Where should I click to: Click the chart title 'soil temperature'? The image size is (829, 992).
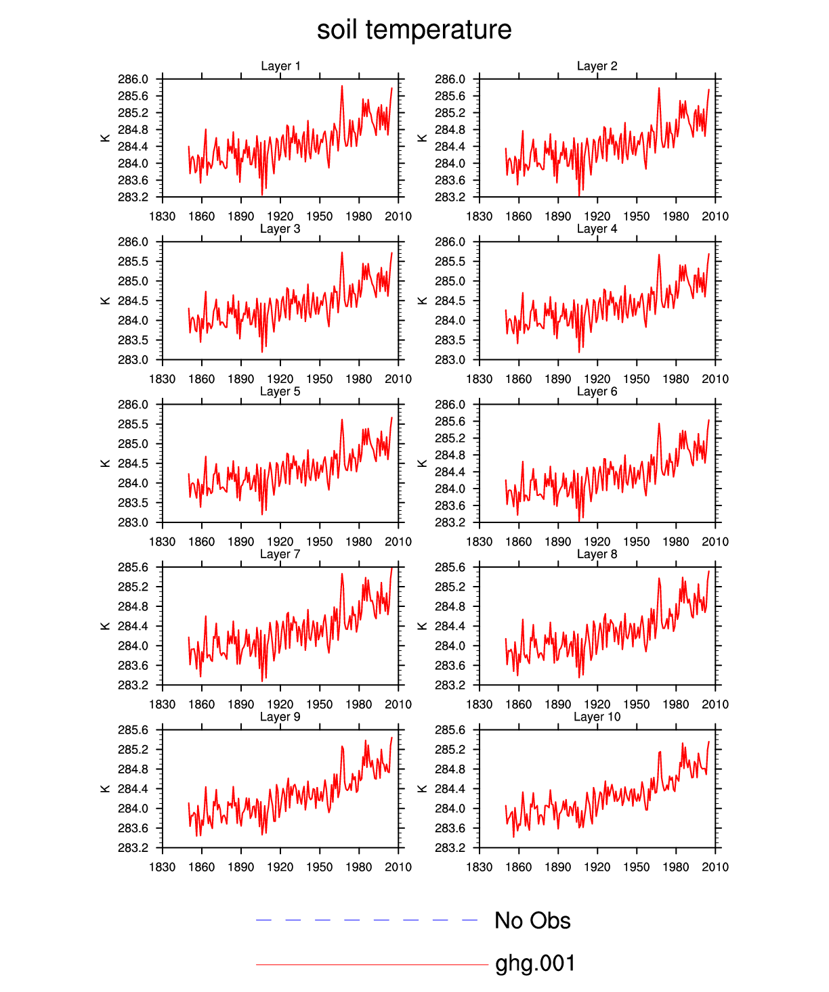[414, 30]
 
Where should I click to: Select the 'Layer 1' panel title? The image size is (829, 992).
[280, 66]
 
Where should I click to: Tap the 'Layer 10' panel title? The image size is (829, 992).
[597, 717]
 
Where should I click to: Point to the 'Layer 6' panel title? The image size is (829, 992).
[597, 391]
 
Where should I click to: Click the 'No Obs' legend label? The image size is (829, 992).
[532, 920]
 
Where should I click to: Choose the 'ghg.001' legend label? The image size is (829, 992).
[535, 963]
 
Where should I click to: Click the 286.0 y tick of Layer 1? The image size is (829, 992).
[133, 79]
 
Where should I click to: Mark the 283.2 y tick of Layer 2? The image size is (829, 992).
[450, 197]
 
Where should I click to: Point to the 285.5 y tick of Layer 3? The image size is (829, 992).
[133, 261]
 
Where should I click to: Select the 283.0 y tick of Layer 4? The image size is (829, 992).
[450, 359]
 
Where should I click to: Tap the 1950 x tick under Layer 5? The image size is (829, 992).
[320, 541]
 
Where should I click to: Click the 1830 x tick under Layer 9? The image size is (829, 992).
[163, 867]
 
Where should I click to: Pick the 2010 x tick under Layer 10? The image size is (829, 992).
[715, 867]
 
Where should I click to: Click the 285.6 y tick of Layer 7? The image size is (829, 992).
[133, 567]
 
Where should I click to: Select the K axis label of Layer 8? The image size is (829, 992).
[423, 626]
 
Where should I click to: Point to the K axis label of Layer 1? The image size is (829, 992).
[106, 138]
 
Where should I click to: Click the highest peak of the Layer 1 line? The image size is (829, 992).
[342, 86]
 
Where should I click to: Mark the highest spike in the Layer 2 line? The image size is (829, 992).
[658, 88]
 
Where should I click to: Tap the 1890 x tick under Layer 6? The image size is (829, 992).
[558, 541]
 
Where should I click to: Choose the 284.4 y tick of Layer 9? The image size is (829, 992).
[133, 788]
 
